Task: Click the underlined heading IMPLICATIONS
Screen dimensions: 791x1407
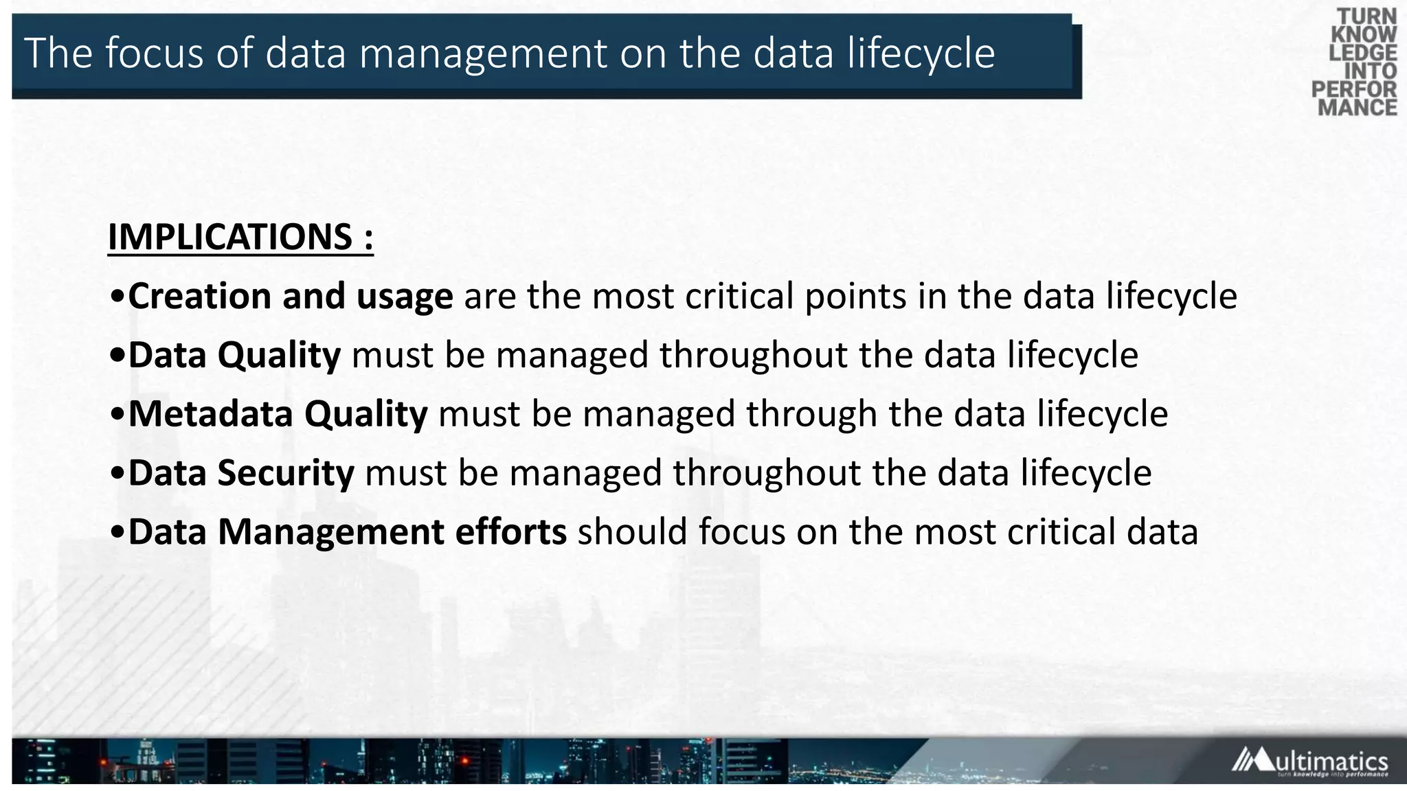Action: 230,237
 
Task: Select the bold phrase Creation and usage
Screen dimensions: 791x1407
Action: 291,297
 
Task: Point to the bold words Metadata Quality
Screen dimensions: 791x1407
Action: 278,414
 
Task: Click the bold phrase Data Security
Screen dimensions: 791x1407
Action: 241,473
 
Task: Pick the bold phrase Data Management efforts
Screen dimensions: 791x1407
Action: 348,532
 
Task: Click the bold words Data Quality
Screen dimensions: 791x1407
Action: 234,356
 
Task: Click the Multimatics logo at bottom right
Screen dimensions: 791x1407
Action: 1309,761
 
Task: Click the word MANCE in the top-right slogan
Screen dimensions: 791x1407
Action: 1358,108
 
